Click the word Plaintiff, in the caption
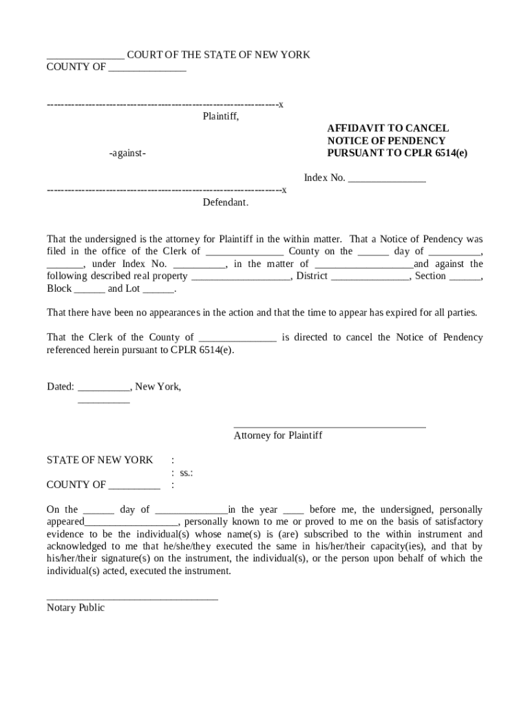(x=220, y=116)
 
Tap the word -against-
(x=127, y=154)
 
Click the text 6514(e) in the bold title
(x=451, y=153)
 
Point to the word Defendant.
(x=225, y=203)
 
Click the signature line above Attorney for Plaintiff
(x=330, y=428)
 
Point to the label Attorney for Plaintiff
(x=278, y=436)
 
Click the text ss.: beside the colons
(x=186, y=473)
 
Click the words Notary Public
(x=76, y=608)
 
